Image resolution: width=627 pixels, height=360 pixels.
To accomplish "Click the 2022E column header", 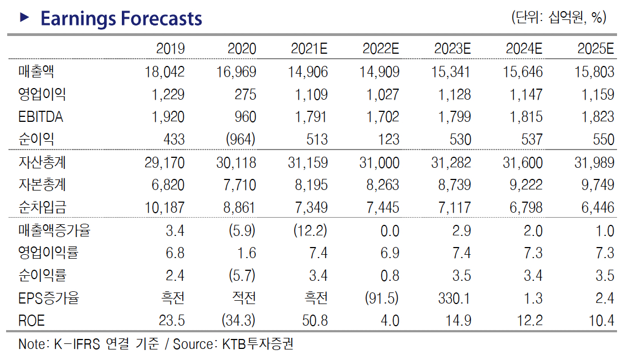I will point(381,49).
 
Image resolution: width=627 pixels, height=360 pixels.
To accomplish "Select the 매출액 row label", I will point(36,71).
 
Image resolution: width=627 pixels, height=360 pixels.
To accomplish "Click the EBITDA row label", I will point(40,117).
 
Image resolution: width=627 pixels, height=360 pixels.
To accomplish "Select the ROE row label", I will point(31,321).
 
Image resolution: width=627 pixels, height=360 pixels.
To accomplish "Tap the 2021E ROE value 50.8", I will point(315,321).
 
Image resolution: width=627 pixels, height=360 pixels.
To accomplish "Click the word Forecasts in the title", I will point(161,19).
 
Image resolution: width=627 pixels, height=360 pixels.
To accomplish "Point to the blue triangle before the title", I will point(24,18).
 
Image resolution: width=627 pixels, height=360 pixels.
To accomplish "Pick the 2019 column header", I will point(170,49).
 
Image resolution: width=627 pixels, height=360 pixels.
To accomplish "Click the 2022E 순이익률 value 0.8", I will point(389,276).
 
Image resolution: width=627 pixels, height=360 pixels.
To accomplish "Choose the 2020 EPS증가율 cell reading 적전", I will point(244,299).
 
